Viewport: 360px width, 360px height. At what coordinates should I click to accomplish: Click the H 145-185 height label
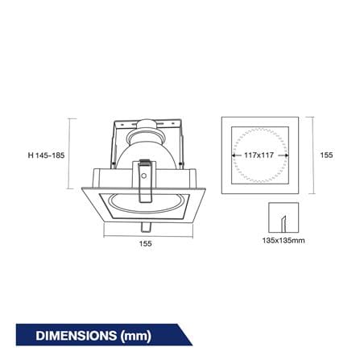coord(46,155)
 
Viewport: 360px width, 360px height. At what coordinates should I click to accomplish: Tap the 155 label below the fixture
coord(145,243)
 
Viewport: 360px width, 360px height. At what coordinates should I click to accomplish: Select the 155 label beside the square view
coord(326,155)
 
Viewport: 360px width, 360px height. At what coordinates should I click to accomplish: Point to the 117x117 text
coord(259,155)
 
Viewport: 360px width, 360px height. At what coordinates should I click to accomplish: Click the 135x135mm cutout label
coord(283,240)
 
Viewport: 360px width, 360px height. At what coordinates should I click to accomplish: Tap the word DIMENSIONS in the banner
coord(77,336)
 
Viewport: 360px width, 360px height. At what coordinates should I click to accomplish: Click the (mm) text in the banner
coord(136,336)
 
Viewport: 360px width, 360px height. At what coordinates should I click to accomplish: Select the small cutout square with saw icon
coord(283,217)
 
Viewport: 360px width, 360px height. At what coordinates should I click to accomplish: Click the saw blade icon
coord(283,223)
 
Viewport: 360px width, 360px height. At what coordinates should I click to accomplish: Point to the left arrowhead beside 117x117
coord(234,155)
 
